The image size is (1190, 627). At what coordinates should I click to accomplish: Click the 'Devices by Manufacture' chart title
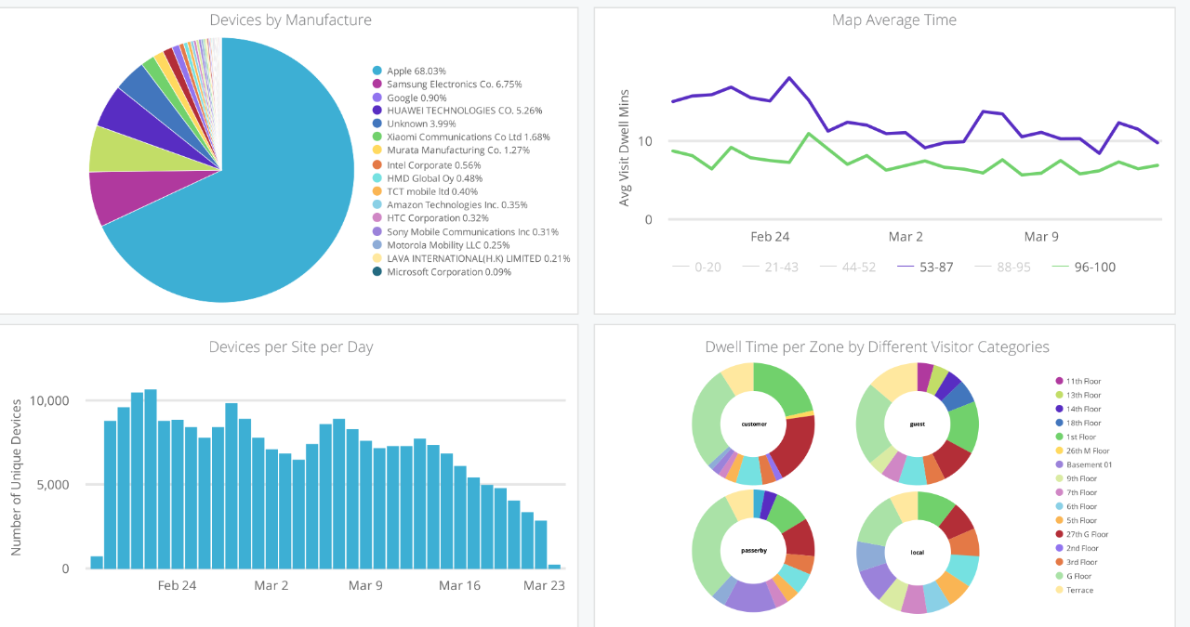(290, 20)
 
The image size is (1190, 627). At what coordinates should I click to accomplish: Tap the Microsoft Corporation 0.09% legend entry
(449, 272)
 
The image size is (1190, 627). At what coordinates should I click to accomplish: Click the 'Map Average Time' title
(894, 20)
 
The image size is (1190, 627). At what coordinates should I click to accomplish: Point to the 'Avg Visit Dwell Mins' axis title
(625, 149)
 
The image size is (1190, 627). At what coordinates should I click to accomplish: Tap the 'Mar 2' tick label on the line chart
(906, 237)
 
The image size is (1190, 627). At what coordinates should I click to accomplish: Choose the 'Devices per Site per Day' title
(290, 347)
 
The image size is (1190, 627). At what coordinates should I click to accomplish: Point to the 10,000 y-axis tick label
(49, 401)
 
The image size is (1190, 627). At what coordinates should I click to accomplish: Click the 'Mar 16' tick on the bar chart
(459, 586)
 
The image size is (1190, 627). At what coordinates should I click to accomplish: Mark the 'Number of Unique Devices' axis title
(17, 479)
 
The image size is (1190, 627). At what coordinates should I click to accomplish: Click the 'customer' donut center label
(754, 425)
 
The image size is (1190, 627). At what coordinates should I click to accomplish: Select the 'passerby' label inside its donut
(754, 551)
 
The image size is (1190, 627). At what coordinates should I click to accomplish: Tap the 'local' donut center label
(918, 553)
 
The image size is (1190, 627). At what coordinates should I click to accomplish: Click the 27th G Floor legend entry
(1087, 535)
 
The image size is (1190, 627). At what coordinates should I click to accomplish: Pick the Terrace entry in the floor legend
(1079, 591)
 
